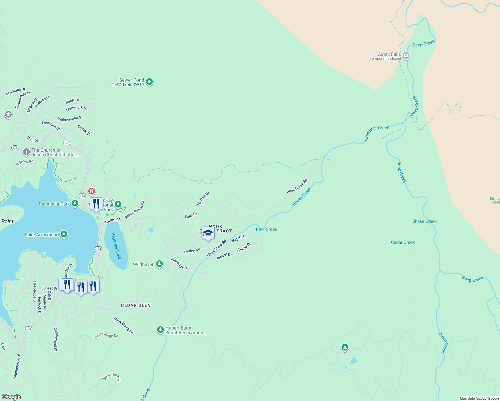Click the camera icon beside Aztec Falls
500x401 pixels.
click(x=406, y=56)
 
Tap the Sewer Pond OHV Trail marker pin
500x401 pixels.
click(x=149, y=82)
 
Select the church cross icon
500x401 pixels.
click(x=26, y=152)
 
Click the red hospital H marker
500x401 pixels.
click(x=91, y=191)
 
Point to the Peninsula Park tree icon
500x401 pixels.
click(x=75, y=204)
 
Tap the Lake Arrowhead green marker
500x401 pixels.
click(x=64, y=235)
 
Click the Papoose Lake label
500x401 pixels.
click(x=116, y=246)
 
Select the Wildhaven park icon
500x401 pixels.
click(x=160, y=264)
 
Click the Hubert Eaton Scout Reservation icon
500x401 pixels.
click(x=160, y=330)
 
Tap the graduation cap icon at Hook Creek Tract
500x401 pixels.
click(x=208, y=233)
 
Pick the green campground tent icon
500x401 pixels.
click(x=345, y=348)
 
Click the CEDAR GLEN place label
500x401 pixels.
click(x=136, y=305)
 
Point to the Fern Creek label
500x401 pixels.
click(x=266, y=229)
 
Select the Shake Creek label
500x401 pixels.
click(x=424, y=221)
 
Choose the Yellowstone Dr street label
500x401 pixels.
click(x=70, y=119)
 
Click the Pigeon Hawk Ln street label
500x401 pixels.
click(x=111, y=377)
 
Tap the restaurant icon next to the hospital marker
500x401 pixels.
click(x=96, y=204)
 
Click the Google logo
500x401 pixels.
click(x=11, y=397)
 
